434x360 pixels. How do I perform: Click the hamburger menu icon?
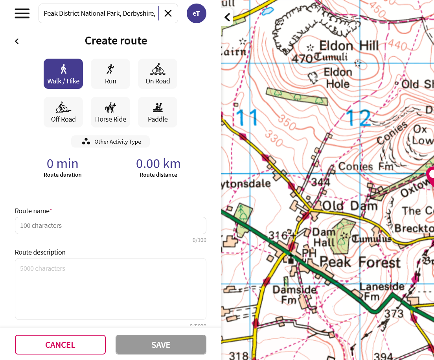pos(22,13)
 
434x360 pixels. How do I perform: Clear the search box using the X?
pos(168,13)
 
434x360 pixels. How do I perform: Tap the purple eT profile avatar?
pos(196,13)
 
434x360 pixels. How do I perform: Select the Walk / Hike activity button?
pos(63,74)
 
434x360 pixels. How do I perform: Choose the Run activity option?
pos(110,74)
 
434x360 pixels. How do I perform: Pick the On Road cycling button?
pos(158,74)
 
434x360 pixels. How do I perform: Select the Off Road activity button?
pos(63,112)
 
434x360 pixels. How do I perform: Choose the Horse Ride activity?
pos(110,112)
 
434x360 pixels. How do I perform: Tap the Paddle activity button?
pos(158,112)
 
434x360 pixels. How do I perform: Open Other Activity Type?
pos(110,142)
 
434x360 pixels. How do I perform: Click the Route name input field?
pos(110,225)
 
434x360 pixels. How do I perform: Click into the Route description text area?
pos(110,289)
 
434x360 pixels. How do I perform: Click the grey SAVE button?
pos(161,345)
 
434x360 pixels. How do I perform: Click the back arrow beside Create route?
pos(17,41)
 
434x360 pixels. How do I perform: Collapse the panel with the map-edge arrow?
pos(227,17)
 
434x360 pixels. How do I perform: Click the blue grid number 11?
pos(247,117)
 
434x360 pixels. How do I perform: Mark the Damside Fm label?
pos(294,294)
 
